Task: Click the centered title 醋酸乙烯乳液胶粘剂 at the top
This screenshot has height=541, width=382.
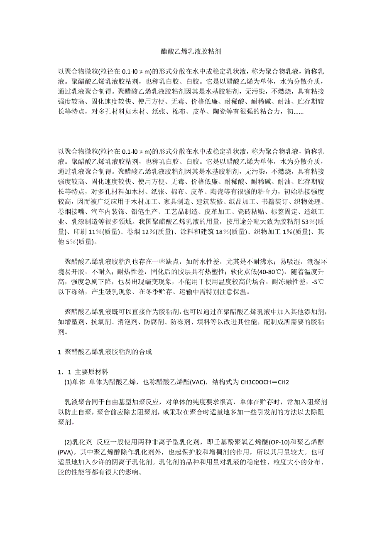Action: pyautogui.click(x=191, y=52)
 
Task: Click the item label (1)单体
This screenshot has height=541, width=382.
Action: pyautogui.click(x=75, y=382)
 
